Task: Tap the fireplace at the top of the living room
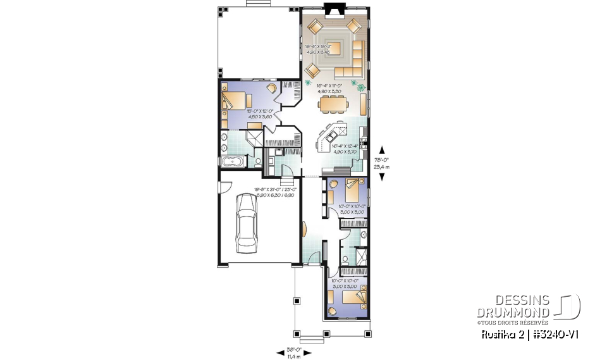click(x=332, y=8)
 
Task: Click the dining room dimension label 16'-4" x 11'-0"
click(x=329, y=89)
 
